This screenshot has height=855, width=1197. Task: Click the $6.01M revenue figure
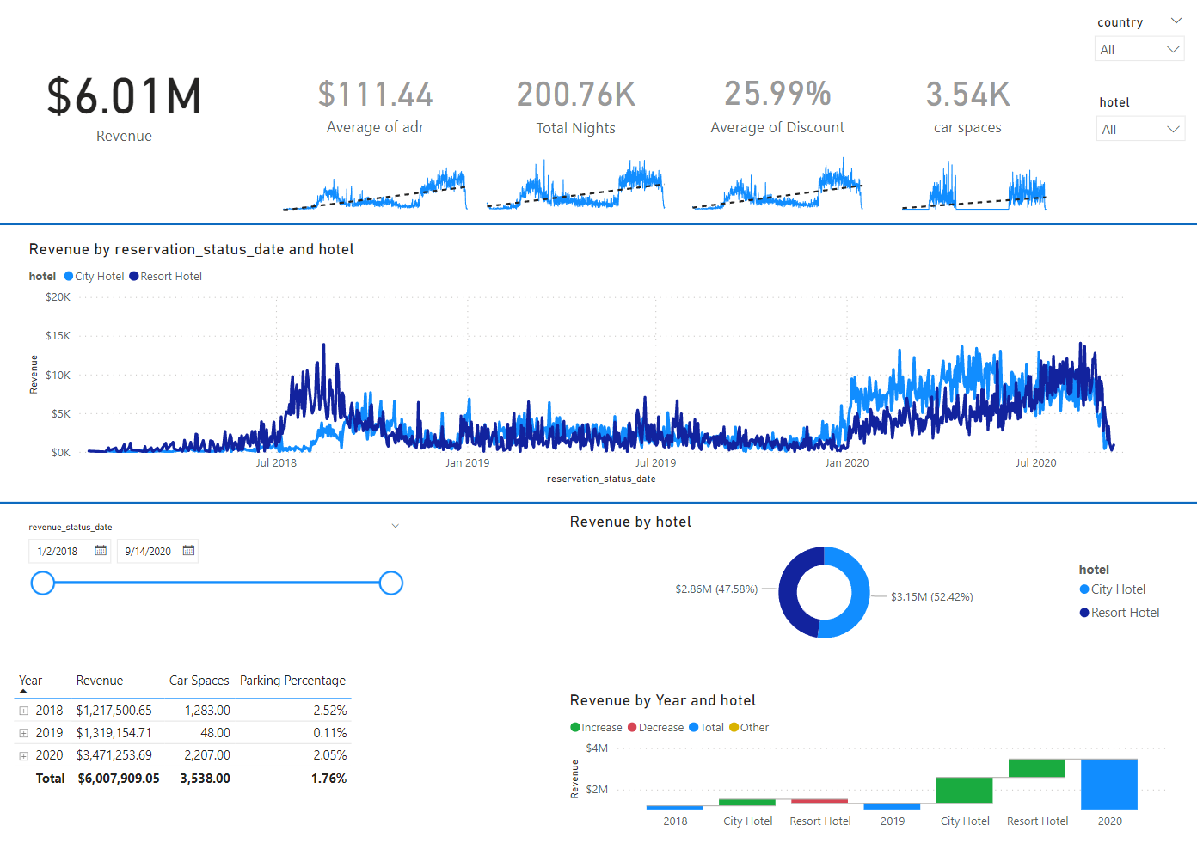click(x=125, y=96)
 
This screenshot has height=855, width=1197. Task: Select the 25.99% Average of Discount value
click(x=777, y=95)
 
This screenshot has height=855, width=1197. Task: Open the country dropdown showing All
click(x=1139, y=50)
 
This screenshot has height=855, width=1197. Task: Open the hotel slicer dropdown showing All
click(x=1140, y=130)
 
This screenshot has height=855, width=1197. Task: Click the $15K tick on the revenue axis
click(x=58, y=336)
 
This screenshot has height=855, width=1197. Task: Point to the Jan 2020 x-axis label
click(x=846, y=463)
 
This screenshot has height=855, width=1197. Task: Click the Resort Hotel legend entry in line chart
click(x=170, y=277)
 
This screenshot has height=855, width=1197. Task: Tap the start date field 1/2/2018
click(x=58, y=552)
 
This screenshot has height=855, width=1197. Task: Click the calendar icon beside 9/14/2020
click(x=188, y=551)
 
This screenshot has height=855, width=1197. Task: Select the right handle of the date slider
click(x=391, y=583)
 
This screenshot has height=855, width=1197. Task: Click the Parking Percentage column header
click(x=292, y=681)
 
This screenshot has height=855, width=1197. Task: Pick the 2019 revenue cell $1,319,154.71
click(x=114, y=733)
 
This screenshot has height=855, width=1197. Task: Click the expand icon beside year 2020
click(x=24, y=756)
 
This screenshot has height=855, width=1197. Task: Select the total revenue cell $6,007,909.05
click(x=119, y=779)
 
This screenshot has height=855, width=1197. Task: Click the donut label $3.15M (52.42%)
click(x=931, y=597)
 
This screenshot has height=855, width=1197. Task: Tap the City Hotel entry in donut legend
click(x=1117, y=589)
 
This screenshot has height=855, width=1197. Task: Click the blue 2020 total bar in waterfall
click(x=1108, y=784)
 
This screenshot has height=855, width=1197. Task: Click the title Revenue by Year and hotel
click(x=662, y=701)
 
